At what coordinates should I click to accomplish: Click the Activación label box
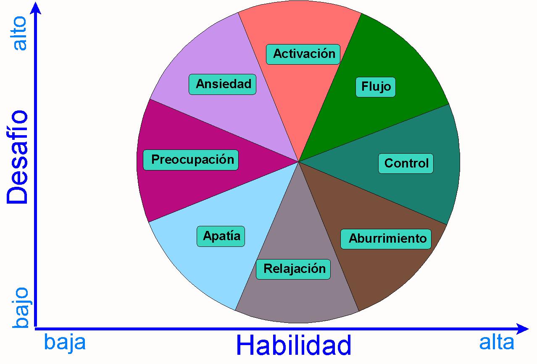(303, 54)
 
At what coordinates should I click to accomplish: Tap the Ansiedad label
(222, 84)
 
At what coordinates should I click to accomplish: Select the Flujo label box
(375, 87)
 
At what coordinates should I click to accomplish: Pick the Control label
(406, 163)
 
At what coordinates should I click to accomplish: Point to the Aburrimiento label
(386, 239)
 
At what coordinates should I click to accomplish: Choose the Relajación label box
(293, 269)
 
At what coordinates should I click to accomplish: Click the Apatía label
(221, 236)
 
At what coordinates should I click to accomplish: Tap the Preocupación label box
(191, 160)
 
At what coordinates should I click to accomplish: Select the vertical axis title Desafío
(17, 157)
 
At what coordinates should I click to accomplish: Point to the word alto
(20, 34)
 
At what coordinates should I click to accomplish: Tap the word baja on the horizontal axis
(65, 343)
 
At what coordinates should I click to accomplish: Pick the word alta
(497, 343)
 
